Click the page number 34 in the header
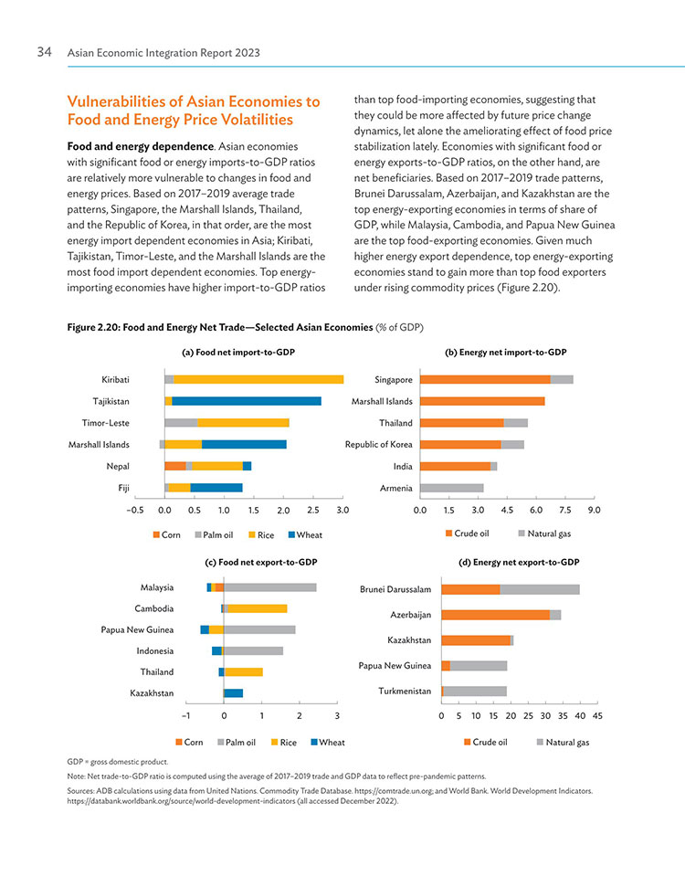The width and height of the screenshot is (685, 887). [44, 52]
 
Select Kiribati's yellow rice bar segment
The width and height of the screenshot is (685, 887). [258, 380]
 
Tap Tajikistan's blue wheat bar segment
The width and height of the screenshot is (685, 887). [247, 401]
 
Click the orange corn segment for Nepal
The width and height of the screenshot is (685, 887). [175, 466]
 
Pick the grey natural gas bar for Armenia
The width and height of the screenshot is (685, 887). [452, 488]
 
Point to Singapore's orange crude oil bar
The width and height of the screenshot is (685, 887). [485, 380]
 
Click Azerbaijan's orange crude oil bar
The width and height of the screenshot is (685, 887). [496, 615]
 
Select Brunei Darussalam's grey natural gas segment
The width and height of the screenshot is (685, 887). [540, 589]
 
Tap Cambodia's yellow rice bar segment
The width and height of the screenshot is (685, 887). [258, 608]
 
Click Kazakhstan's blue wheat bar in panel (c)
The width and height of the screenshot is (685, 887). [234, 693]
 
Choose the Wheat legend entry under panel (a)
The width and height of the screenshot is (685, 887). [305, 535]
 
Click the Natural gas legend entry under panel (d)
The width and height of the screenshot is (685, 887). [564, 742]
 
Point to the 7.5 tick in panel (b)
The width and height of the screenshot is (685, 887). [565, 511]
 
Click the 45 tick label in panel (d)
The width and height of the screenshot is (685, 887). [597, 716]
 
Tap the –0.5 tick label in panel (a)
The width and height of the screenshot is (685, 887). [135, 511]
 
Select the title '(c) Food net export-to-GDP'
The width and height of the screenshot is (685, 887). [261, 563]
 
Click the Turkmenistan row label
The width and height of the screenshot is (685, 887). [405, 692]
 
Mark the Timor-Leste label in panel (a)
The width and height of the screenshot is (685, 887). [105, 423]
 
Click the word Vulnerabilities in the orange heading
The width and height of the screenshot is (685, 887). [118, 101]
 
